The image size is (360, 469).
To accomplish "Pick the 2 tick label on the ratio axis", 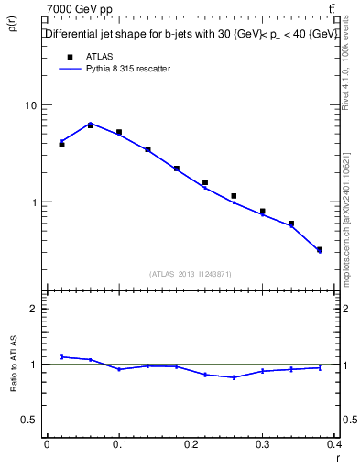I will [x=33, y=309].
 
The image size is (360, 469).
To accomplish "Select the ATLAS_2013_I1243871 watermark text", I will [x=191, y=274].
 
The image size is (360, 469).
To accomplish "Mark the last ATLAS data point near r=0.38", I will [x=320, y=249].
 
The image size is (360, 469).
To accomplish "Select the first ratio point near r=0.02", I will [x=61, y=356].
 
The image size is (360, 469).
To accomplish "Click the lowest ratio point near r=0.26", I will [x=234, y=377].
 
